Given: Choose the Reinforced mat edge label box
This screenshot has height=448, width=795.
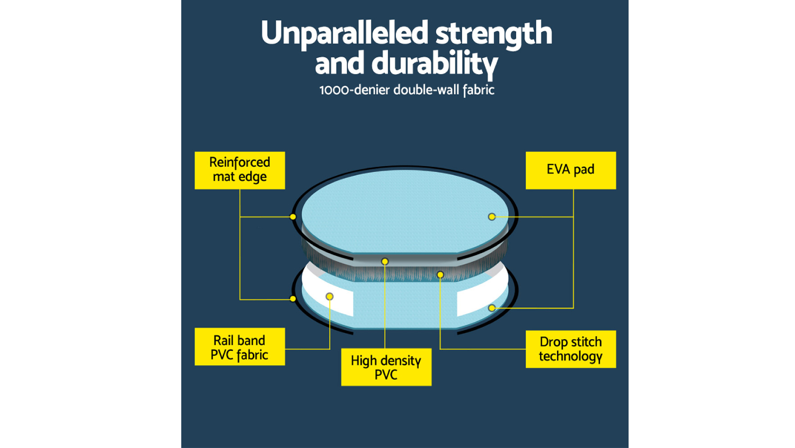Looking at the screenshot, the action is point(240,170).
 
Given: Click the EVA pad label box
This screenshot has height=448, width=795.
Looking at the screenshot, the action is point(571,170).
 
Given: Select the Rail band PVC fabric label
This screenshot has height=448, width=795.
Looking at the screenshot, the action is point(240,346).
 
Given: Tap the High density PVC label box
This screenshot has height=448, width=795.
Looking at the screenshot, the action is point(386,367).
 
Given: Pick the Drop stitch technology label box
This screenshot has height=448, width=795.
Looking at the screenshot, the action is point(571,349).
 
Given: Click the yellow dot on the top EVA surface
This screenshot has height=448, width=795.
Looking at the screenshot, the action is point(491,217).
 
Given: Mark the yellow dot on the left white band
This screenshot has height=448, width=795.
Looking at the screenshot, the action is point(329,296).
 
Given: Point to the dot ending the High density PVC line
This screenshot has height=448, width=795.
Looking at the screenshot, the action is point(385,261).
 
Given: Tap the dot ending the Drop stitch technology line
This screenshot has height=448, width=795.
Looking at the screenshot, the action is point(440,274).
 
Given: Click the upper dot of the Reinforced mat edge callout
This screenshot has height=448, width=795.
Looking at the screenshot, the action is point(293,217).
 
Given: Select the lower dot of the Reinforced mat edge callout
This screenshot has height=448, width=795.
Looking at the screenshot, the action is point(293,299).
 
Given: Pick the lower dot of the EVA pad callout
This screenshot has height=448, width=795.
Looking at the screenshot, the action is point(491,308).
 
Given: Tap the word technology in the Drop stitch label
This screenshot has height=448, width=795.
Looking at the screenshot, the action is point(571,356).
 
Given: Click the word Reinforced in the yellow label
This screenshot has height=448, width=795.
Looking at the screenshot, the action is point(240,162).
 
